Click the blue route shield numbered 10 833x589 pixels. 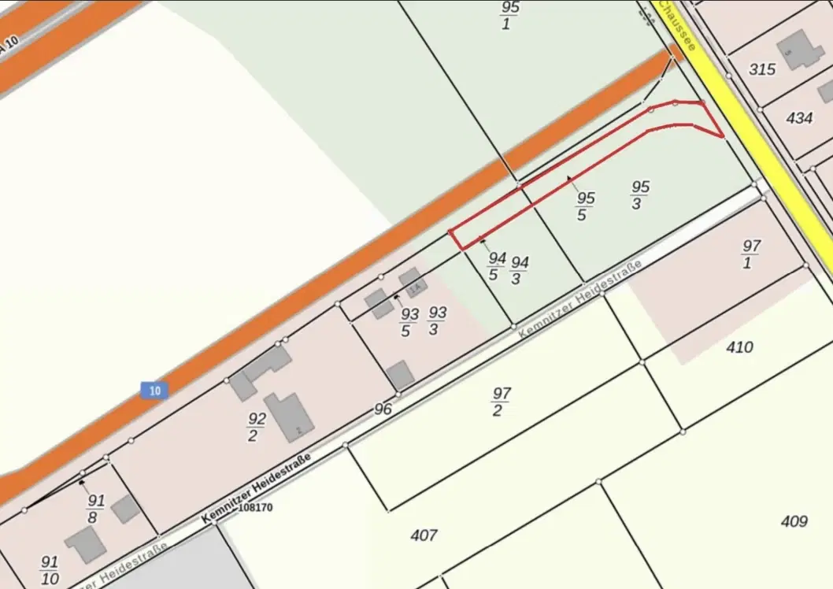(x=155, y=390)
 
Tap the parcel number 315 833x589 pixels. (x=762, y=69)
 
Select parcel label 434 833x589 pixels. (x=799, y=118)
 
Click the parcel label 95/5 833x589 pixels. (x=583, y=206)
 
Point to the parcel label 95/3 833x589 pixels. (x=639, y=194)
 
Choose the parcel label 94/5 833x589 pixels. (x=495, y=266)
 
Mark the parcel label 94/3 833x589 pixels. (x=519, y=269)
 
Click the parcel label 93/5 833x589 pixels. (x=409, y=323)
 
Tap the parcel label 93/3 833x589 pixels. (x=435, y=320)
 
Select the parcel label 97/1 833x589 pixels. (x=750, y=254)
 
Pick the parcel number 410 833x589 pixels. (x=740, y=347)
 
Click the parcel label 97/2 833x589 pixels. (x=500, y=401)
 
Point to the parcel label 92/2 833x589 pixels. (x=254, y=427)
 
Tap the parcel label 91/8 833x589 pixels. (x=95, y=509)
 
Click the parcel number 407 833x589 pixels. (x=424, y=536)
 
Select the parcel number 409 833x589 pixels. (x=794, y=521)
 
